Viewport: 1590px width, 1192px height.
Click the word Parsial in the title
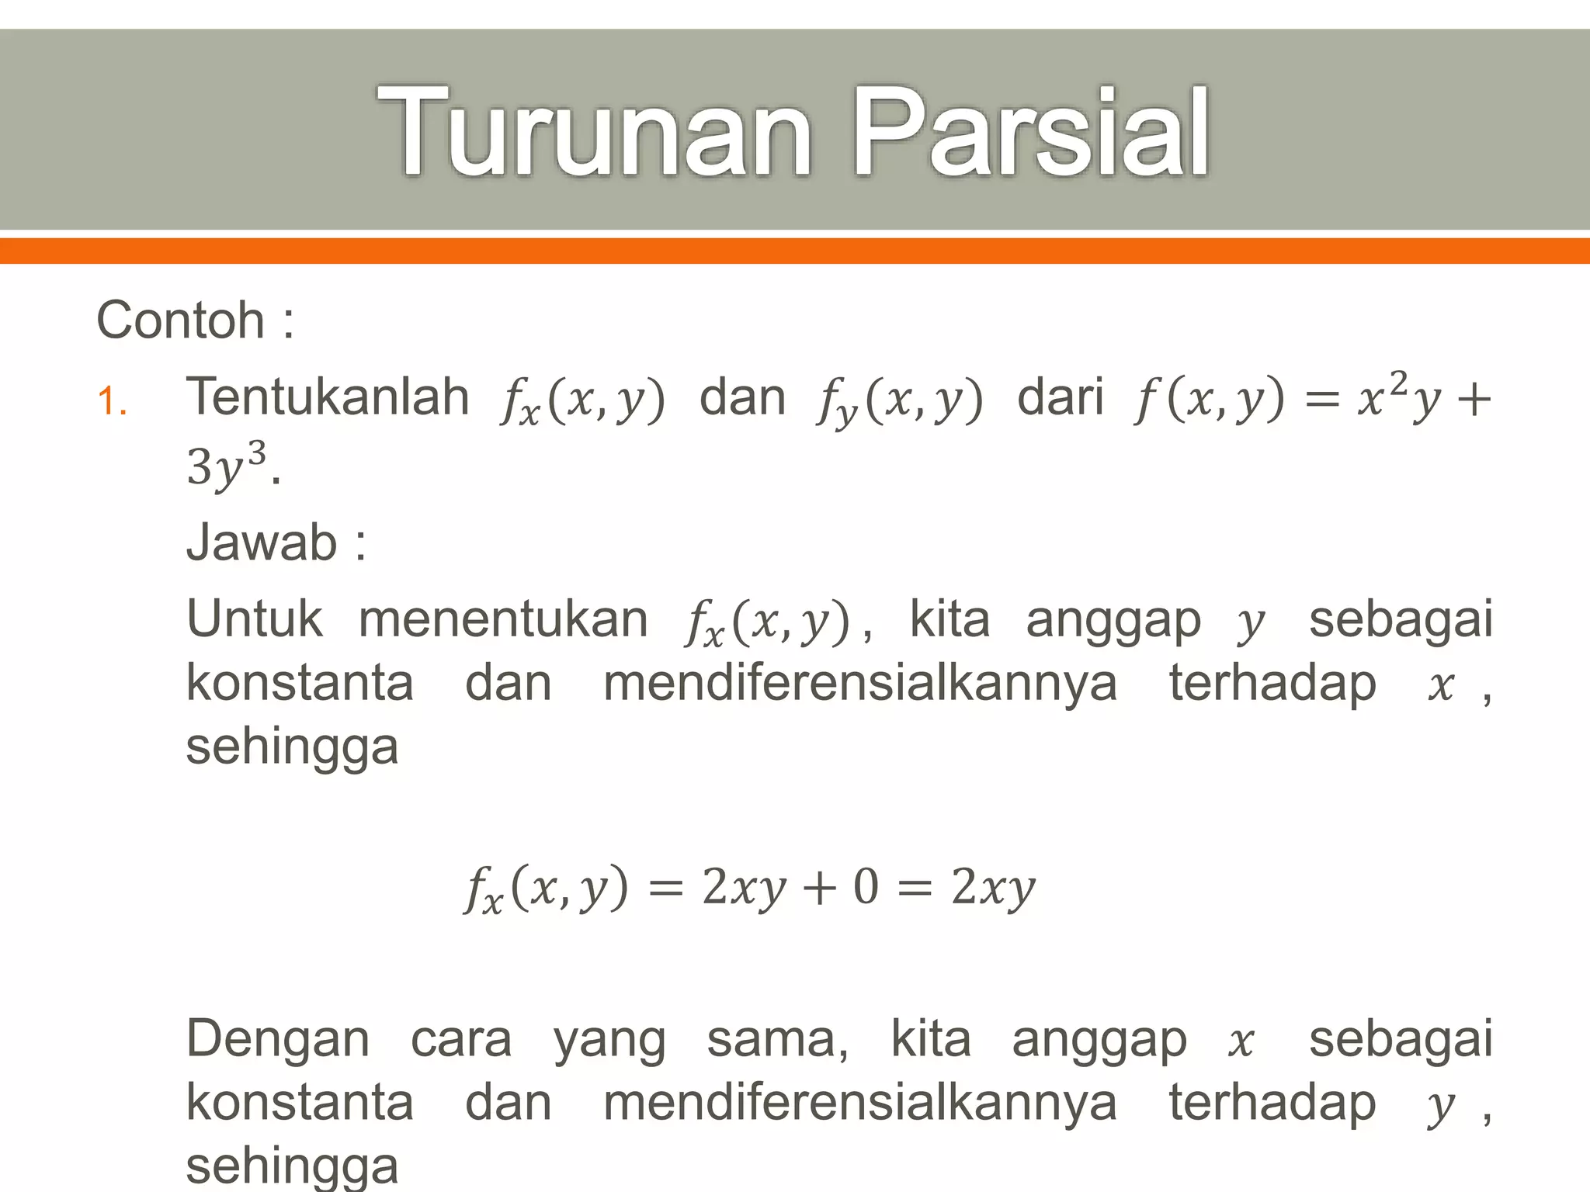point(1030,133)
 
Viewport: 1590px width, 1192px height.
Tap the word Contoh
point(180,320)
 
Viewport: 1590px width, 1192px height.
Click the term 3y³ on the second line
point(226,466)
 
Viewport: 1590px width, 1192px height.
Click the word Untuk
point(254,619)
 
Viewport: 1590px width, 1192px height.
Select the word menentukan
point(503,619)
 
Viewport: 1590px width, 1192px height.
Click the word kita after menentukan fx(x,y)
point(949,619)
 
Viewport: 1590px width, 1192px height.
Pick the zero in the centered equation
point(866,886)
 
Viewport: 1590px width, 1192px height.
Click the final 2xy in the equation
point(993,886)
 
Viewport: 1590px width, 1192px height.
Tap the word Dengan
point(278,1040)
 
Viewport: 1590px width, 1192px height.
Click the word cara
point(461,1040)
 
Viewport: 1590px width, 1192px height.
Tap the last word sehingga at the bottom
point(292,1166)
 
